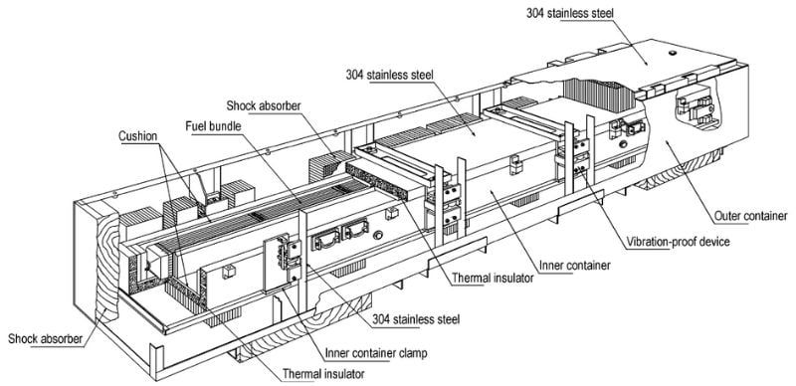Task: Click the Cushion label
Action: tap(138, 136)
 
